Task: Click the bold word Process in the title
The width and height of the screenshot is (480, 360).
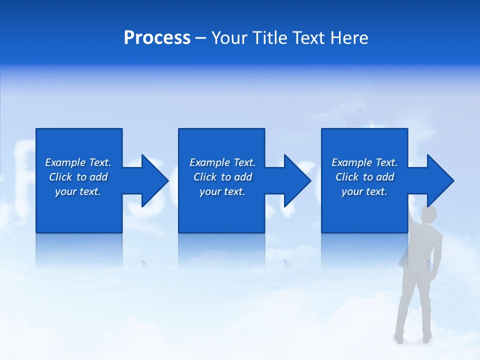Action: pos(157,38)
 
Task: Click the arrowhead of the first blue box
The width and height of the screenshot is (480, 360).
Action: pos(153,180)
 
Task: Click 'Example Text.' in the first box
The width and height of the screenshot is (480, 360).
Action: pos(78,162)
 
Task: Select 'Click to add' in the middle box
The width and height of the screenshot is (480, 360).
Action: pos(222,177)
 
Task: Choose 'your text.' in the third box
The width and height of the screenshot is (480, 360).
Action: pos(364,191)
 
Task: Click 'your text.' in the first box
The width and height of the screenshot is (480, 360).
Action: pos(78,191)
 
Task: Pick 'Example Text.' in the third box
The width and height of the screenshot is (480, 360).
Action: pos(364,162)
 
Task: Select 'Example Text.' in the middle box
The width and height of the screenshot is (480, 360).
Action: pos(222,162)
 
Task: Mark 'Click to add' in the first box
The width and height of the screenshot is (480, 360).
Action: pos(78,177)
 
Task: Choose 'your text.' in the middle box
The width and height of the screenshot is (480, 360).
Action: pos(222,191)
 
